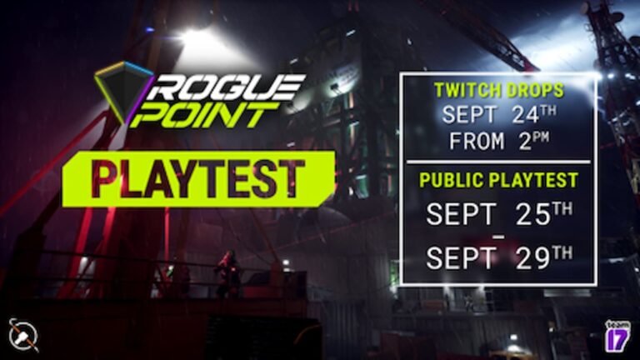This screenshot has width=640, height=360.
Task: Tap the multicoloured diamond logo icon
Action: point(122,92)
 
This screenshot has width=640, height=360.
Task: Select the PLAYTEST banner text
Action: point(197,177)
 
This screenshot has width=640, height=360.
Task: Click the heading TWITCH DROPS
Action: point(498,91)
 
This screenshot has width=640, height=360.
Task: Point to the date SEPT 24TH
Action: point(498,115)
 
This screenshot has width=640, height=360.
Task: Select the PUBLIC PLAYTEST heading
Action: point(498,181)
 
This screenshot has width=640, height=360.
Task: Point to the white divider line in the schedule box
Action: point(498,161)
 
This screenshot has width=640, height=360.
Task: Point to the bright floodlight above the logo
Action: point(196,37)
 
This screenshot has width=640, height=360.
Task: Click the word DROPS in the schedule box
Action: point(533,91)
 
